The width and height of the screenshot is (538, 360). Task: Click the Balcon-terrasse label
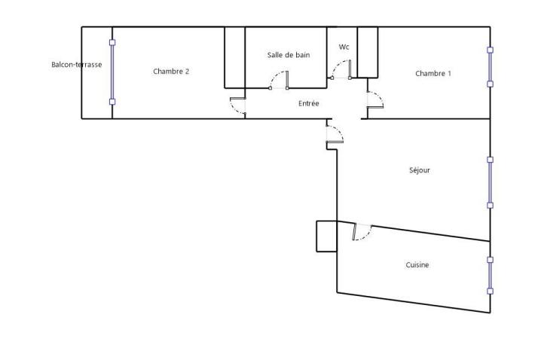pyautogui.click(x=76, y=65)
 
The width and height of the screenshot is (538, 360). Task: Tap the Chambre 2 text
pyautogui.click(x=171, y=72)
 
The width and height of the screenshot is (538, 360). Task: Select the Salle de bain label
pyautogui.click(x=289, y=55)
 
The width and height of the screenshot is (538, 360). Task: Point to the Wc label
pyautogui.click(x=344, y=47)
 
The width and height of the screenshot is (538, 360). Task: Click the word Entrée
pyautogui.click(x=309, y=103)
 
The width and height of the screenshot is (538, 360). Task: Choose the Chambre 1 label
pyautogui.click(x=433, y=73)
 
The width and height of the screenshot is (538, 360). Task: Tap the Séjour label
pyautogui.click(x=419, y=170)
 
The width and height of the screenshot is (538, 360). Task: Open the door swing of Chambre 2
pyautogui.click(x=238, y=108)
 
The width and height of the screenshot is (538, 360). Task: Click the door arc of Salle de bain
pyautogui.click(x=278, y=80)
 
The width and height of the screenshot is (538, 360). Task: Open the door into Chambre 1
pyautogui.click(x=374, y=99)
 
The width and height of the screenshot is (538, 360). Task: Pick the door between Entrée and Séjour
pyautogui.click(x=335, y=136)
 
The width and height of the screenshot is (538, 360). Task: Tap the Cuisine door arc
pyautogui.click(x=362, y=233)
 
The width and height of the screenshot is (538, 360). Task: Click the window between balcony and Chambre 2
pyautogui.click(x=112, y=72)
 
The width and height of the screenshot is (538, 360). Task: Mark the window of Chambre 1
pyautogui.click(x=490, y=67)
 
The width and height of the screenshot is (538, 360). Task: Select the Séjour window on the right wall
pyautogui.click(x=490, y=182)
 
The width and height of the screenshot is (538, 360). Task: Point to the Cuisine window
pyautogui.click(x=490, y=275)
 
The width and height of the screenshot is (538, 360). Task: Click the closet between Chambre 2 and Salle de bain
pyautogui.click(x=235, y=58)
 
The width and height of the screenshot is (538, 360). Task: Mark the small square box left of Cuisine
pyautogui.click(x=326, y=236)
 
